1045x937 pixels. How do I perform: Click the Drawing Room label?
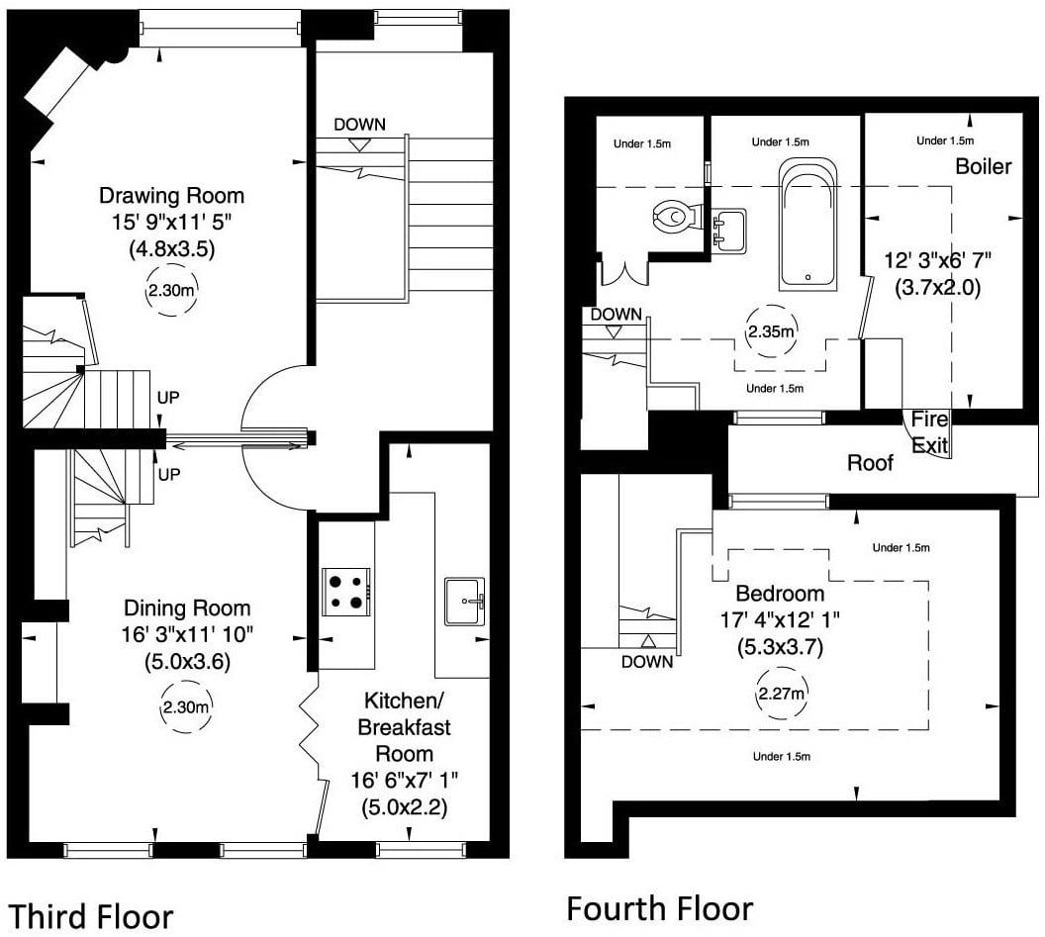(172, 196)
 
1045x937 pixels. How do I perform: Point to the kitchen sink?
(464, 602)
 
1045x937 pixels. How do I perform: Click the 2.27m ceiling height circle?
(781, 694)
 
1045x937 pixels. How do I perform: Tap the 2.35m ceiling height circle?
(771, 331)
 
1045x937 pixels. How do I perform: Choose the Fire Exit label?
(929, 431)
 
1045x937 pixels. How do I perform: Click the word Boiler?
(984, 166)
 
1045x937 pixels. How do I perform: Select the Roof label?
(870, 462)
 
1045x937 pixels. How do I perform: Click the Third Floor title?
(91, 916)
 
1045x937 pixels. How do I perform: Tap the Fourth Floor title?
(660, 908)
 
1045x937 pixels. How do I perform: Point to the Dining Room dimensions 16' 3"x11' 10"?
(187, 634)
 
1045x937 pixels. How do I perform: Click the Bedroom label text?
(780, 593)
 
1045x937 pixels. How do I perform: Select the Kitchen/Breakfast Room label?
(405, 726)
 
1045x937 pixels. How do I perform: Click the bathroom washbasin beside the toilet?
(729, 231)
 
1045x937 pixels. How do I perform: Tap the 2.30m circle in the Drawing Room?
(171, 291)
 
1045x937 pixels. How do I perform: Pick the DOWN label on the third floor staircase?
(359, 125)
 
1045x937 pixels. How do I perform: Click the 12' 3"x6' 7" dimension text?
(938, 260)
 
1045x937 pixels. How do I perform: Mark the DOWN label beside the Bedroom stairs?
(647, 662)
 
